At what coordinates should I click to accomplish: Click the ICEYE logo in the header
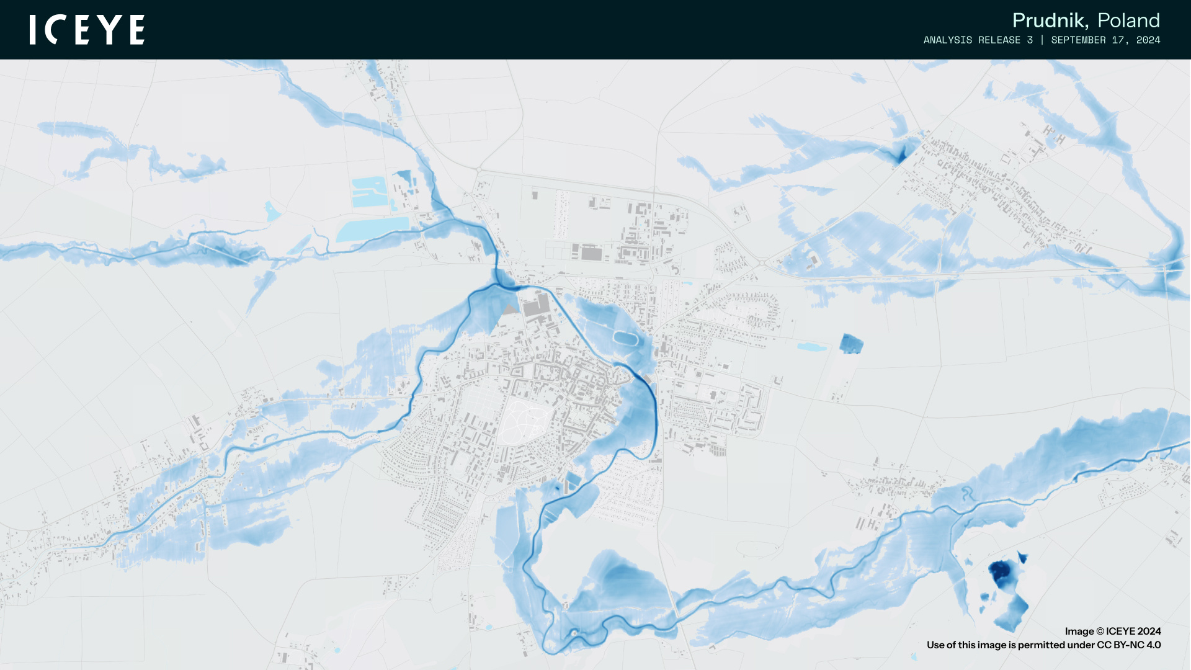87,30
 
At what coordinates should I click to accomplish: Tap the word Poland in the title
1128,20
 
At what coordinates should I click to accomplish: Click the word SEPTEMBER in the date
1078,40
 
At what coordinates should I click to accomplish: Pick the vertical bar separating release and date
1042,40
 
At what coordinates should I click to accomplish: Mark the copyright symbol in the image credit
1099,632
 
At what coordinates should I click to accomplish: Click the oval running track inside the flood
625,339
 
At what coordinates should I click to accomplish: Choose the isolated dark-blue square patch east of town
851,343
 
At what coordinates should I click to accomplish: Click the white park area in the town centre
523,422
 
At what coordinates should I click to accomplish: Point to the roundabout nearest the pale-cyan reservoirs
479,169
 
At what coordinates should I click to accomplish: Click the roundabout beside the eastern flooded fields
762,263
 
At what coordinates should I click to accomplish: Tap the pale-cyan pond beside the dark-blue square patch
812,347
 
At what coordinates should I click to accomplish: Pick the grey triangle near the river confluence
510,309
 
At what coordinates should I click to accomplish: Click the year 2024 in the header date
1148,40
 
